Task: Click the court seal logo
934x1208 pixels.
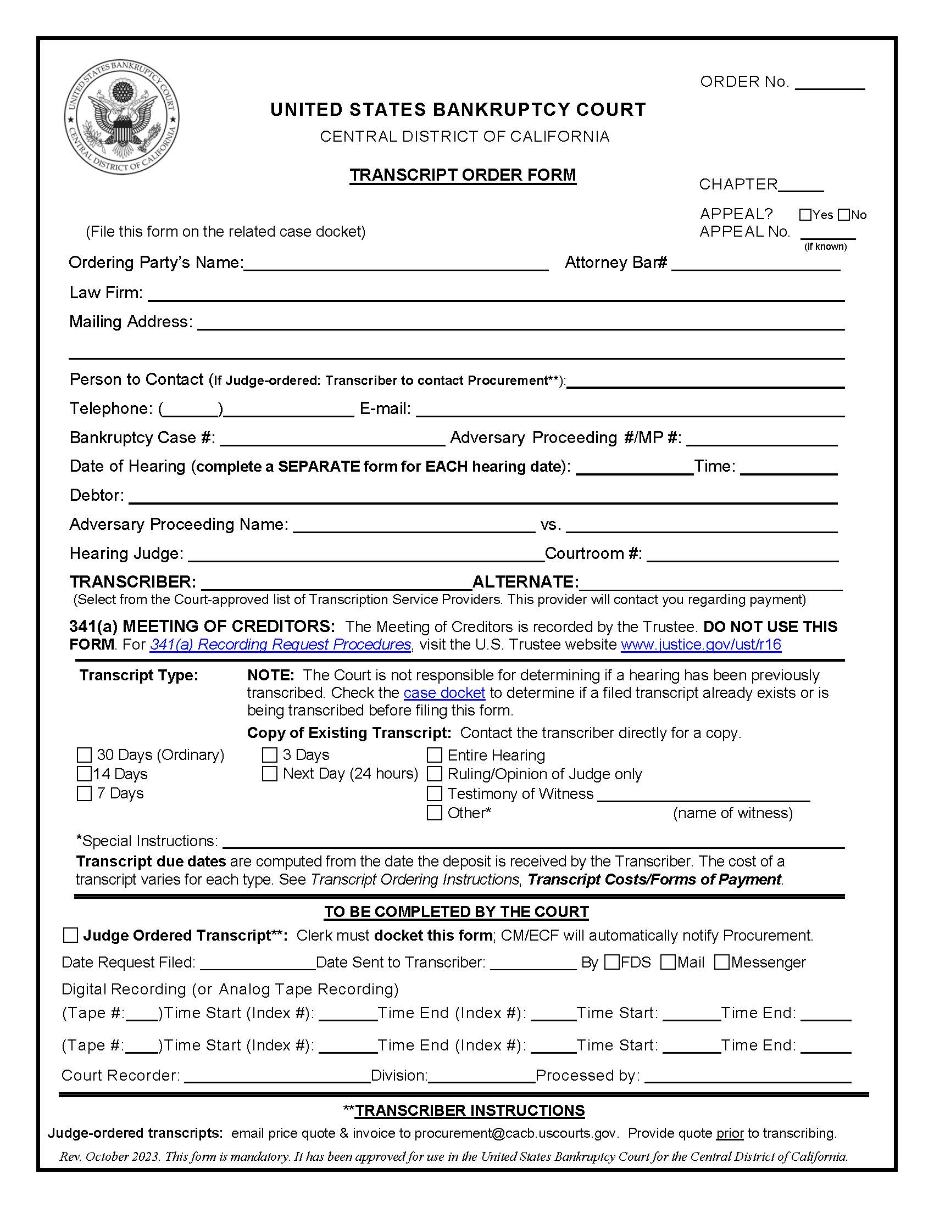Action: pos(121,118)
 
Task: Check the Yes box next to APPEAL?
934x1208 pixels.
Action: pos(805,215)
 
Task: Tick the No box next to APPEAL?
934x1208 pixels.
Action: pos(843,215)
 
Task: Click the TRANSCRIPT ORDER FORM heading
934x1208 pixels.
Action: pos(463,175)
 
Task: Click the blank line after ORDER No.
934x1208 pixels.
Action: pos(830,83)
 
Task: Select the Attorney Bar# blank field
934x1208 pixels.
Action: pos(755,263)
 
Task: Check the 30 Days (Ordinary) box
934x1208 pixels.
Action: pos(84,755)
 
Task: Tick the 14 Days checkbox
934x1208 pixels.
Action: pos(84,774)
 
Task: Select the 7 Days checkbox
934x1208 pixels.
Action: pos(84,793)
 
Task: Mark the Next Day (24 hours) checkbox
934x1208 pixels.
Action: pos(269,774)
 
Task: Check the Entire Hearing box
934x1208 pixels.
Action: pos(435,755)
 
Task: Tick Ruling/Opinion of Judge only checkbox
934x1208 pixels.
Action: pos(435,774)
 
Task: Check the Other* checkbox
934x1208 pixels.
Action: pos(435,813)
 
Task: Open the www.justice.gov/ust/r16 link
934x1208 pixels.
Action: pos(700,645)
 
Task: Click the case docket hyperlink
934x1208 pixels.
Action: pos(444,692)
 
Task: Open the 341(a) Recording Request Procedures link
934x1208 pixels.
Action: pos(280,645)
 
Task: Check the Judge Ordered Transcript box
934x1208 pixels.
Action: pos(71,935)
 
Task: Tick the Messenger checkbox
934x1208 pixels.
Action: pos(721,963)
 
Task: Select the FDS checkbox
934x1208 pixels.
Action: pos(611,963)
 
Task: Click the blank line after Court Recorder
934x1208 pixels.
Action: pos(277,1076)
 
